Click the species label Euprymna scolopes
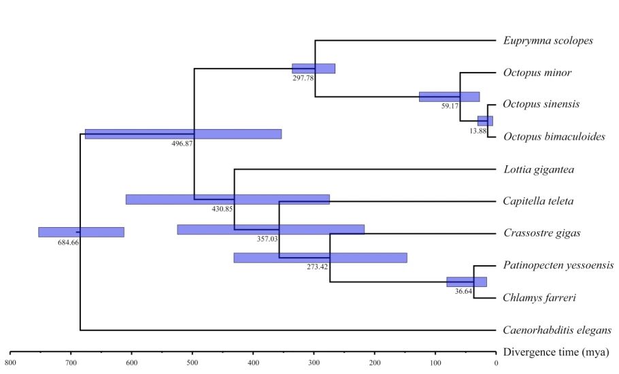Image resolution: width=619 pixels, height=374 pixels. pos(548,41)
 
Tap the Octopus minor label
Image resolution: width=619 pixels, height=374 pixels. pos(537,73)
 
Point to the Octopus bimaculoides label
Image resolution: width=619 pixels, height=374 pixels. pos(554,137)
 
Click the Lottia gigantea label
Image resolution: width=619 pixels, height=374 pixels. pos(539,169)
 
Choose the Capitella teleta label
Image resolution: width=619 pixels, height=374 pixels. pos(539,201)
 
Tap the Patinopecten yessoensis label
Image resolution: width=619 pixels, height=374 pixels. pos(558,265)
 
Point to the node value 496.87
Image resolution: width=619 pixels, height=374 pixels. pos(183,144)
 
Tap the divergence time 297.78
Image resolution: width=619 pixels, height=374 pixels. pos(303,79)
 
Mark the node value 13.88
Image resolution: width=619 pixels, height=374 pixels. pos(478,131)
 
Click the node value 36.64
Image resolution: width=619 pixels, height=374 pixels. pos(464,291)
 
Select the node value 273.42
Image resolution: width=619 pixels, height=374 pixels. pos(318,267)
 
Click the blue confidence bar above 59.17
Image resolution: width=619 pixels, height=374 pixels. pos(449,97)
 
